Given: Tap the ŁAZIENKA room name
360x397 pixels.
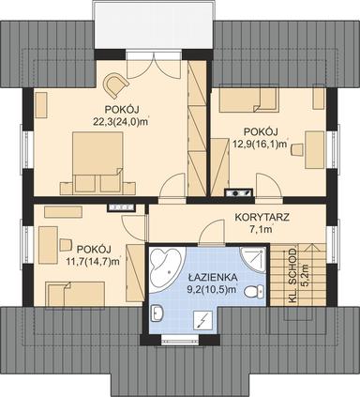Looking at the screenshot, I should coord(212,279).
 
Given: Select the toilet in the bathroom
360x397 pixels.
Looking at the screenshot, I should coord(251,293).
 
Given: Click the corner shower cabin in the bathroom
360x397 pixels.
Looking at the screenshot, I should coord(251,260).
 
